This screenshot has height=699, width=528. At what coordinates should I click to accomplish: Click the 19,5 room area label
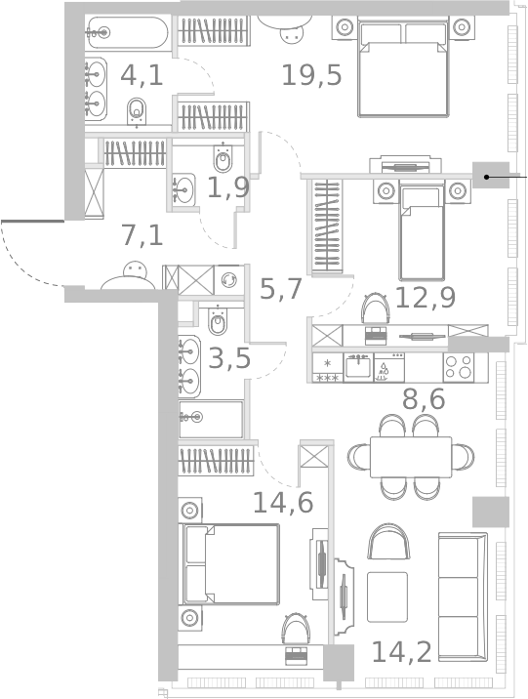[311, 74]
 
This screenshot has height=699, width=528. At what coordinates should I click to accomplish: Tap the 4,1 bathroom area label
[142, 73]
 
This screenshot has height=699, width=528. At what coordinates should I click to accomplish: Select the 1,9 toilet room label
[227, 187]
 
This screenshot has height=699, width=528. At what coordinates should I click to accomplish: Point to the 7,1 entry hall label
[142, 235]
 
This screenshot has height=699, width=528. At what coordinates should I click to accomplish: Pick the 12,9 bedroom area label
[425, 298]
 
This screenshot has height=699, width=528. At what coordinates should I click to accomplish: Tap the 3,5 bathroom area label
[230, 358]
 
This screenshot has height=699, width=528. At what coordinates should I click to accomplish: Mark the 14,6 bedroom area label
[283, 503]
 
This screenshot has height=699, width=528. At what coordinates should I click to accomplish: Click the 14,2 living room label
[402, 650]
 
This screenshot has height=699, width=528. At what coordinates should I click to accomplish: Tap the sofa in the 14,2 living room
[463, 596]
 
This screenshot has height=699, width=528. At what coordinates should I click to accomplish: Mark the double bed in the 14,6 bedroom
[231, 563]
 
